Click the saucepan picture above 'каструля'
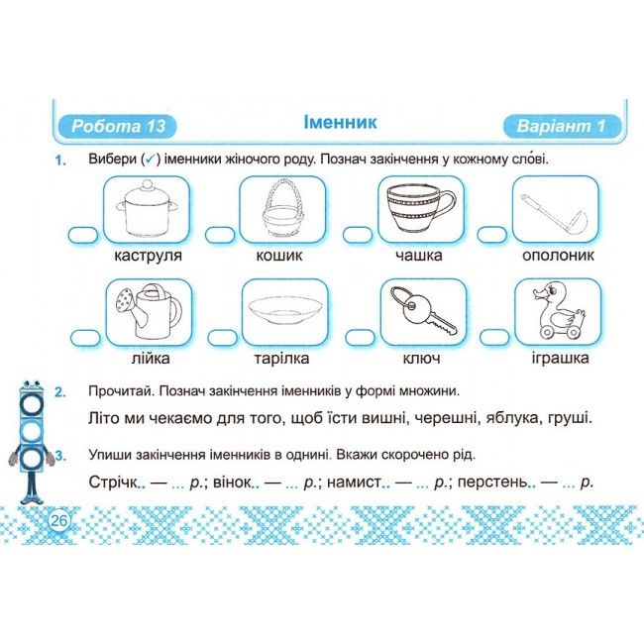147,209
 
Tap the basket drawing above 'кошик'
283,209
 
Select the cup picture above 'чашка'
421,209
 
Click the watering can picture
147,311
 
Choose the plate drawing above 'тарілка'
283,311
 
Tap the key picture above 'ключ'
421,311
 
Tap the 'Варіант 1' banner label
562,127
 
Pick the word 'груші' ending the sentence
568,417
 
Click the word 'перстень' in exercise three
492,483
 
